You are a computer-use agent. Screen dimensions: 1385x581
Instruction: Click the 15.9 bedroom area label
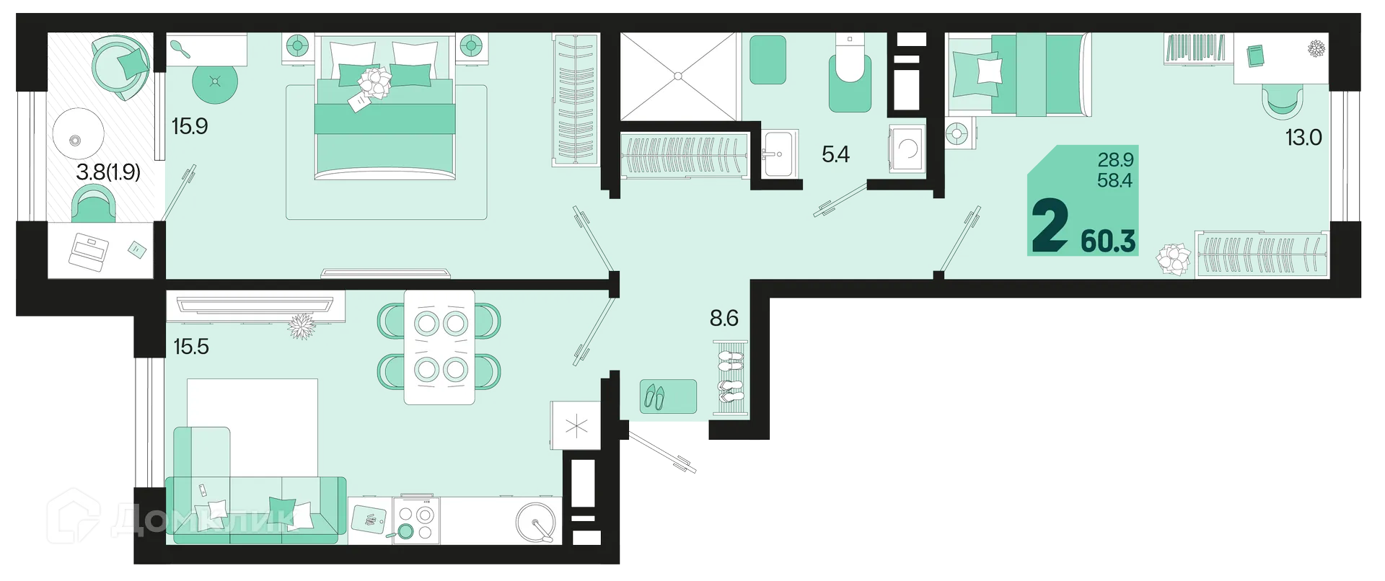tap(190, 126)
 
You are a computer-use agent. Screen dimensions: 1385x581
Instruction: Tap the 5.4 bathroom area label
tap(835, 154)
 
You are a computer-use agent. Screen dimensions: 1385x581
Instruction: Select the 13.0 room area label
tap(1303, 137)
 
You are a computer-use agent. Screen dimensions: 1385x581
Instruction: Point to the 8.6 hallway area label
tap(724, 318)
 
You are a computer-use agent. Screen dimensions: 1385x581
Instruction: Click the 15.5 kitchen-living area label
tap(191, 347)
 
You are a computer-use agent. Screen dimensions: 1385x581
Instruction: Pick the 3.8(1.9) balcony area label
tap(108, 172)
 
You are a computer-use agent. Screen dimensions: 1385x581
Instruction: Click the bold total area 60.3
tap(1108, 241)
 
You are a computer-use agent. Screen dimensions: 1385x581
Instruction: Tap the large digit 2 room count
tap(1050, 225)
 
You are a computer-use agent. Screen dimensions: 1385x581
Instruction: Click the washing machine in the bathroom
tap(907, 148)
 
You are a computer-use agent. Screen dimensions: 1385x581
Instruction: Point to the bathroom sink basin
tap(780, 154)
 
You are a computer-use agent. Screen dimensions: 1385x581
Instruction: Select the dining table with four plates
tap(439, 347)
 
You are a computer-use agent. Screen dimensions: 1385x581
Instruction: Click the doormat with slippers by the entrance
tap(668, 396)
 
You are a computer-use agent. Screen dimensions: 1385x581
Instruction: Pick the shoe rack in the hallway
tap(730, 378)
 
